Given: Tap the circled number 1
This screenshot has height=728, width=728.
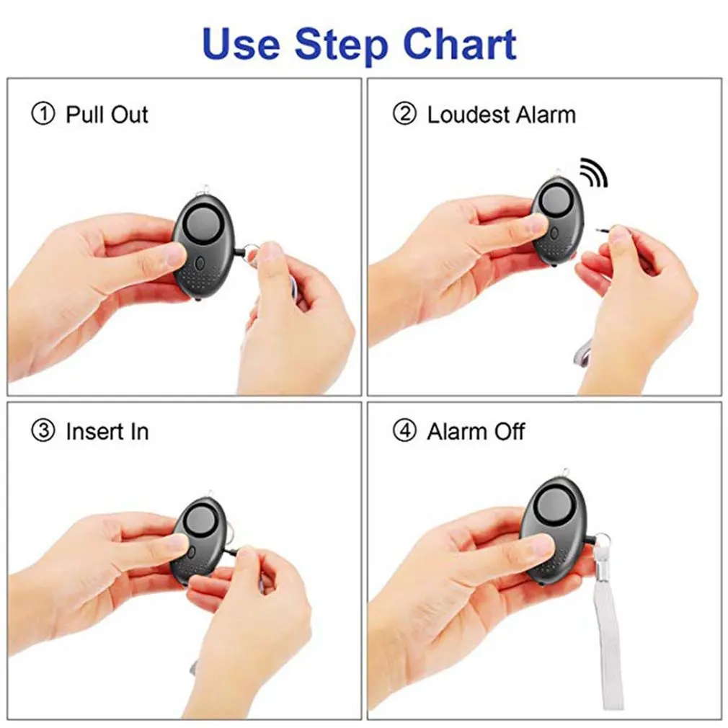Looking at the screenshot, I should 43,115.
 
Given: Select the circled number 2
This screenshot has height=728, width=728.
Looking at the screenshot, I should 404,115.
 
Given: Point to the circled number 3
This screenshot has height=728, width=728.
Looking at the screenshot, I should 43,432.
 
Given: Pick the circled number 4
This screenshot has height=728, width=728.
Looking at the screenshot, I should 404,432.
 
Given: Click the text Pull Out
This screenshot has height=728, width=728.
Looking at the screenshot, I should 107,115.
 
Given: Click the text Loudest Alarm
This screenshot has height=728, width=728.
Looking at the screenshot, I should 501,115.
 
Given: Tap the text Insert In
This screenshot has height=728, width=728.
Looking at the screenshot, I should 107,432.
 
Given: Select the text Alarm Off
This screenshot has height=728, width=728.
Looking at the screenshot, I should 476,432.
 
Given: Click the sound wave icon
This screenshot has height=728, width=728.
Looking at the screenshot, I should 594,172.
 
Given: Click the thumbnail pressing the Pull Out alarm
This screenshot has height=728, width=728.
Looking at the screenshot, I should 174,254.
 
